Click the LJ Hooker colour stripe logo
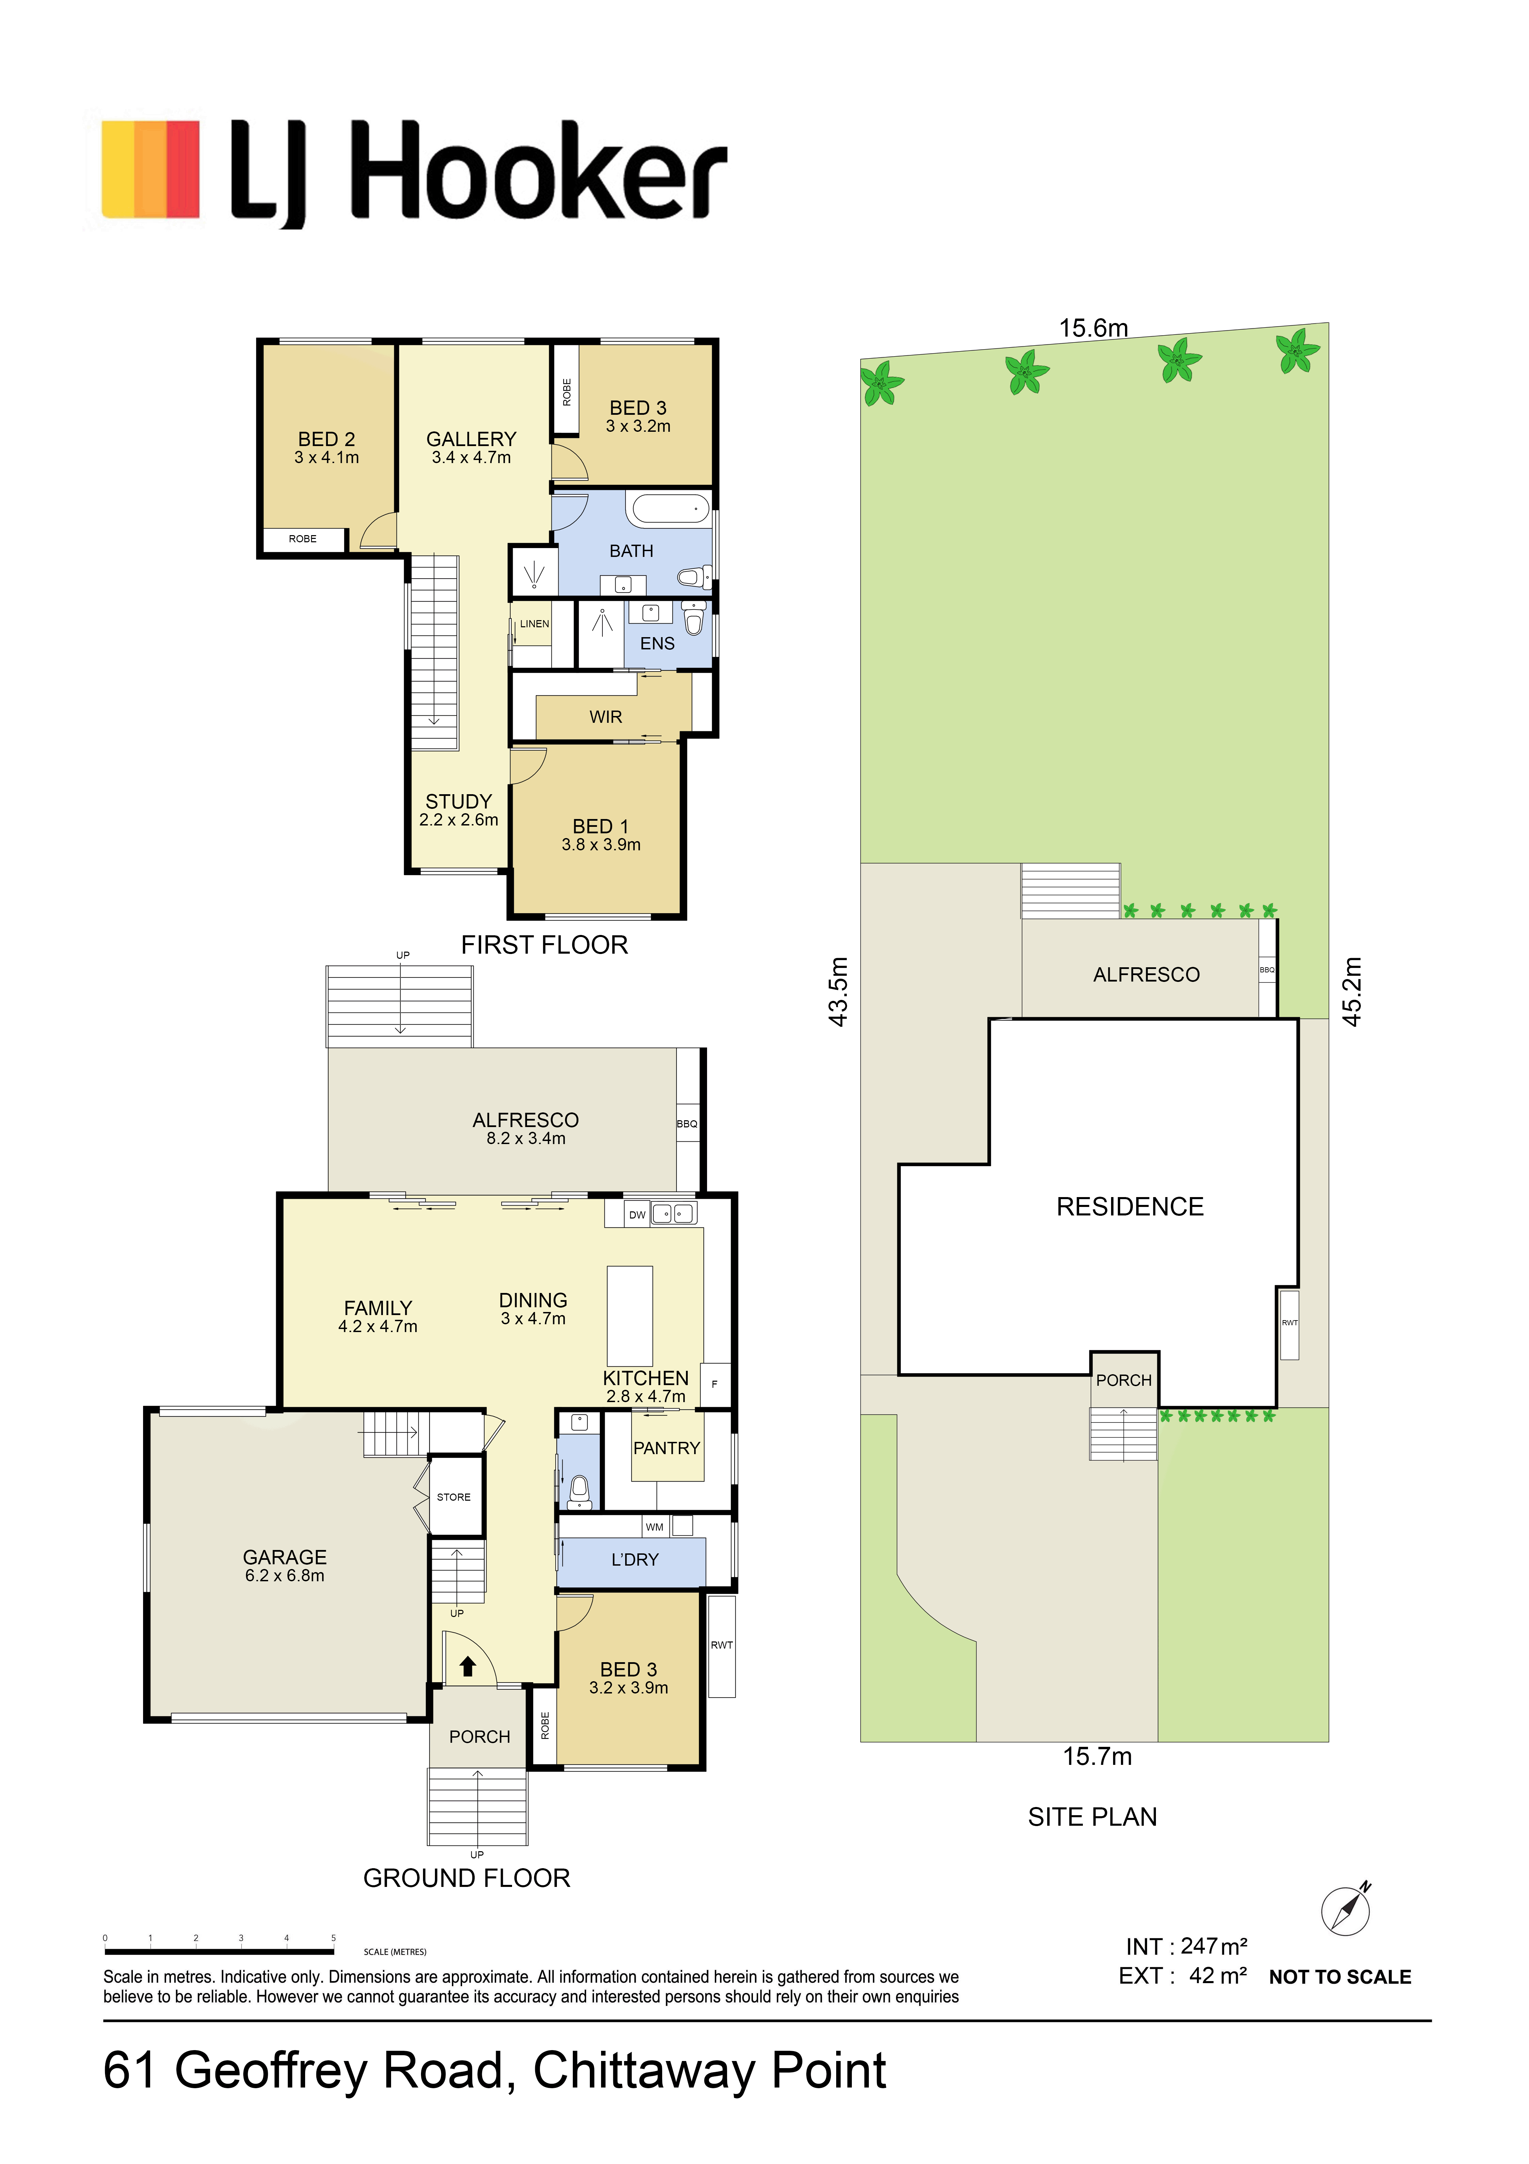click(x=151, y=170)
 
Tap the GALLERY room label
click(x=471, y=439)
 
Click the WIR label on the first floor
click(x=606, y=717)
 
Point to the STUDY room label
click(x=459, y=801)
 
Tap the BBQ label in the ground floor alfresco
click(x=687, y=1123)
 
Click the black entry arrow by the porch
click(x=467, y=1667)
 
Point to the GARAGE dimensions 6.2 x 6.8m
click(x=284, y=1576)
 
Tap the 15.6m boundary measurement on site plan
click(x=1093, y=328)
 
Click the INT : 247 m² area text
click(x=1186, y=1946)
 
